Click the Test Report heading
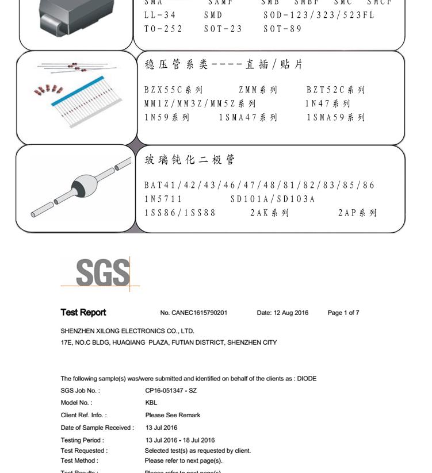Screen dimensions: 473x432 [83, 313]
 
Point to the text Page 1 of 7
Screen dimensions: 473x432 [343, 313]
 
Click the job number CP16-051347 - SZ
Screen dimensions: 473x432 [171, 391]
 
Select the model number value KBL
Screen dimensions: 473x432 [151, 403]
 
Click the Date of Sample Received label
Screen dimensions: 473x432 [97, 428]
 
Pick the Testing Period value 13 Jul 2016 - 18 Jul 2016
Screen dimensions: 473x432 [179, 440]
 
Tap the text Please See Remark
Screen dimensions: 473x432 [173, 415]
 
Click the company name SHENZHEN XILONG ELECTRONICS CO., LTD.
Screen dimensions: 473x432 [127, 331]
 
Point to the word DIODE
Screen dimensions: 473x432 [307, 379]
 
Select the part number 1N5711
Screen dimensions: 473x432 [163, 199]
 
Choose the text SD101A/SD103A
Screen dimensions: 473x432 [273, 199]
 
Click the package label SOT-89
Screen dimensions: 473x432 [282, 29]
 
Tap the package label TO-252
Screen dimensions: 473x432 [163, 29]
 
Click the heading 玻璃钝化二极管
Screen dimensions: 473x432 [190, 160]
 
